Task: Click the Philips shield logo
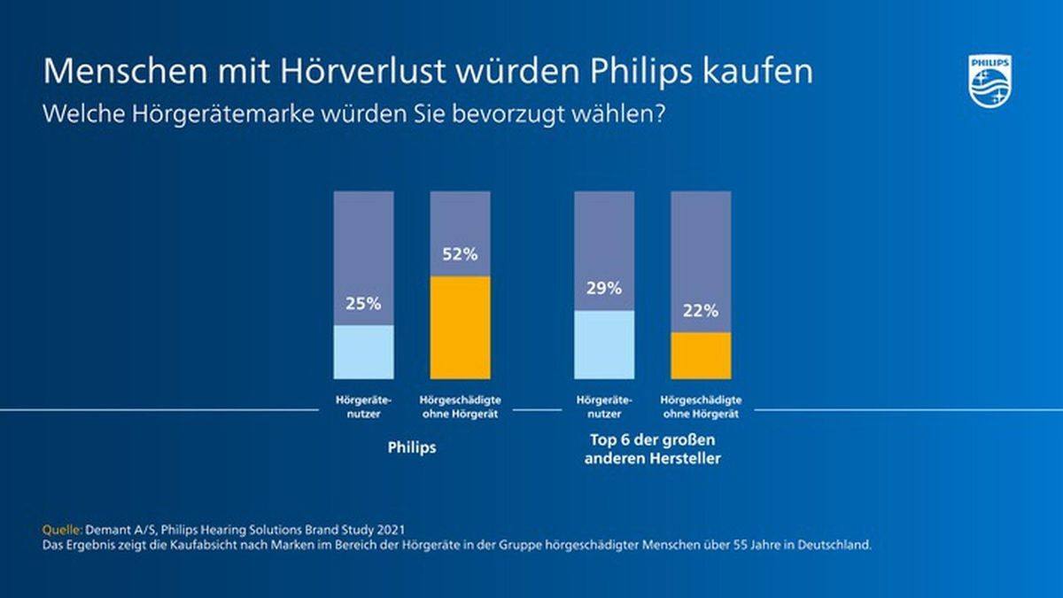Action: (989, 81)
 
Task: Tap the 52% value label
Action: (460, 255)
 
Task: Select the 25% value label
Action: (363, 304)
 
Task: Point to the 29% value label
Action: (604, 289)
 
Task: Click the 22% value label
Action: (701, 312)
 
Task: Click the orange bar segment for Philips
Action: (460, 328)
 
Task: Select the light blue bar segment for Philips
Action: (363, 352)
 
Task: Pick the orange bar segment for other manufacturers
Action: (701, 356)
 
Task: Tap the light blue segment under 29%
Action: (604, 345)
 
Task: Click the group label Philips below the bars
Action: (412, 447)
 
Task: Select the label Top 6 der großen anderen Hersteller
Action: (652, 449)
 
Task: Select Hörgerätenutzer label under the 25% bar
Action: (363, 407)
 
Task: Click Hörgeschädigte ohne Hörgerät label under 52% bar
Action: (460, 407)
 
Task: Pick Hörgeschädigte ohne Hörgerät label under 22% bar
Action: (701, 407)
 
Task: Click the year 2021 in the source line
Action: (394, 529)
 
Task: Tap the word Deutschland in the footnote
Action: (837, 545)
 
